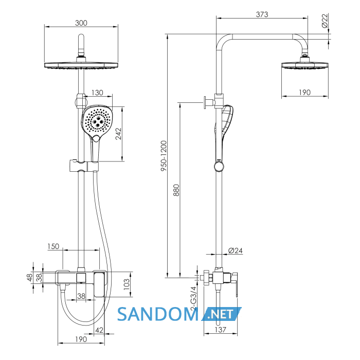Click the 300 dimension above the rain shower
[81, 23]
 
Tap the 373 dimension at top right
[262, 14]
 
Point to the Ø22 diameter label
[325, 21]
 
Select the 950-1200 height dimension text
[164, 156]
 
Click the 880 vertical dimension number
[176, 190]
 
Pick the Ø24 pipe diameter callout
[236, 250]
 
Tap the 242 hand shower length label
[118, 134]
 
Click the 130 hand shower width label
[97, 93]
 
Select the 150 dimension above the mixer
[53, 246]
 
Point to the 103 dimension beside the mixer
[127, 284]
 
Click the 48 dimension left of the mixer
[30, 277]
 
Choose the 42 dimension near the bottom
[99, 330]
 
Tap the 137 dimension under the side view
[221, 330]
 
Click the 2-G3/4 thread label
[193, 298]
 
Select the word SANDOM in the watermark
[158, 314]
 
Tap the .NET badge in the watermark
[221, 314]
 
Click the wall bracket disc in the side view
[205, 103]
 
